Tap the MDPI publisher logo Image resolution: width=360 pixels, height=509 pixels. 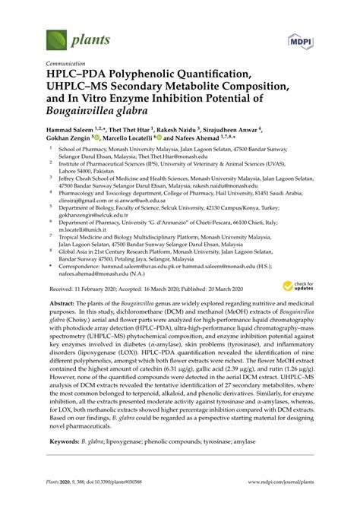pyautogui.click(x=302, y=40)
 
